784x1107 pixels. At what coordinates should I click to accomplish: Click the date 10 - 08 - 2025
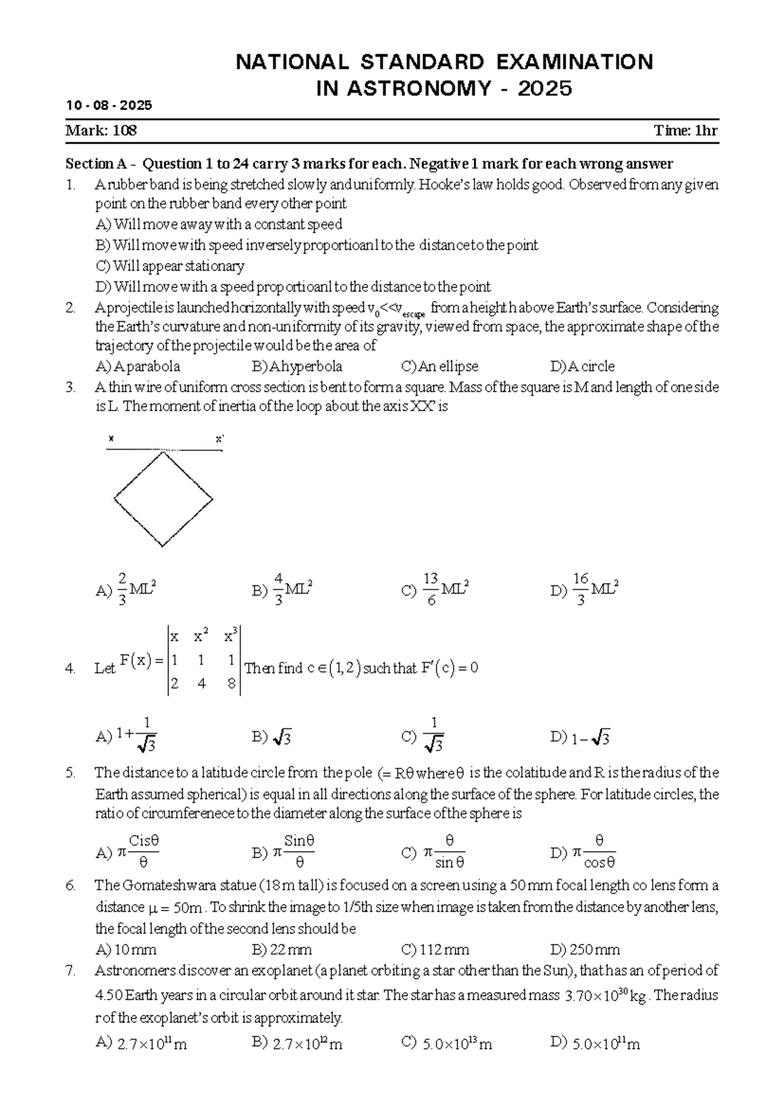pos(108,105)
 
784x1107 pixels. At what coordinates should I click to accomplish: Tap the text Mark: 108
pos(101,131)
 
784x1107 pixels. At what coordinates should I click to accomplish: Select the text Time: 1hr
pos(685,131)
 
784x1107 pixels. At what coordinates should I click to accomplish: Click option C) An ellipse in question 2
pos(440,366)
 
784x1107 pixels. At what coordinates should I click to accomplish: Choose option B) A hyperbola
pos(297,366)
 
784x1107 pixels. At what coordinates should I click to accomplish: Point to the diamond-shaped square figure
pos(163,499)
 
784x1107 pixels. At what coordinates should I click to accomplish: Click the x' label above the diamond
pos(220,439)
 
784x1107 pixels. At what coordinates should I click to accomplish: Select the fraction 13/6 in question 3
pos(431,589)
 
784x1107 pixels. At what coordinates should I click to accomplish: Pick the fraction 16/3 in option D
pos(581,589)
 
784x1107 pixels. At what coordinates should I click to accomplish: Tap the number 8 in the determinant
pos(232,685)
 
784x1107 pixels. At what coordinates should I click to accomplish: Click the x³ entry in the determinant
pos(231,636)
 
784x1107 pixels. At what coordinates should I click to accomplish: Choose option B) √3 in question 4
pos(272,738)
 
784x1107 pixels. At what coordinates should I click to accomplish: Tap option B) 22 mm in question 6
pos(282,949)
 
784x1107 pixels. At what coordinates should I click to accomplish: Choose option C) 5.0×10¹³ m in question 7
pos(447,1044)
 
